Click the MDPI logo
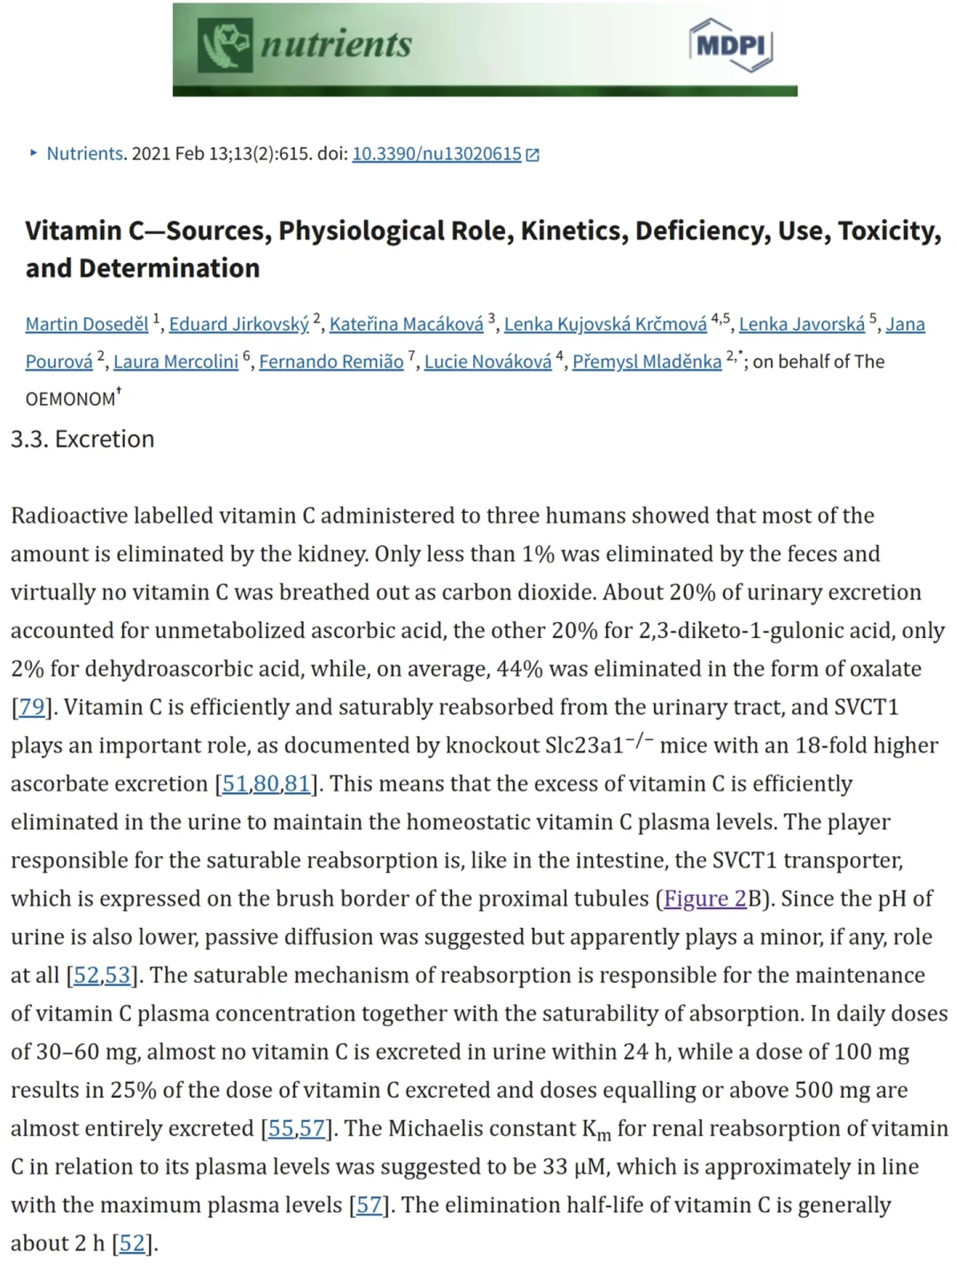730,44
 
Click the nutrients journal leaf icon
224,44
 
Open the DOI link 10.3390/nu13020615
437,154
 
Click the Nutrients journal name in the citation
85,154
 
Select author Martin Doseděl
87,324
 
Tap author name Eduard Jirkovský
238,324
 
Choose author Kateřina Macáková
406,324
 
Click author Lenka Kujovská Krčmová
605,324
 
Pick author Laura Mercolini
175,362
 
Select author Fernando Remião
331,362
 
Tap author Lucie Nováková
487,362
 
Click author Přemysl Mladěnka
647,362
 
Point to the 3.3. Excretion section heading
82,440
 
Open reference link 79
32,707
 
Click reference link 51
235,784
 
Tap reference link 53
118,976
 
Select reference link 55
281,1129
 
